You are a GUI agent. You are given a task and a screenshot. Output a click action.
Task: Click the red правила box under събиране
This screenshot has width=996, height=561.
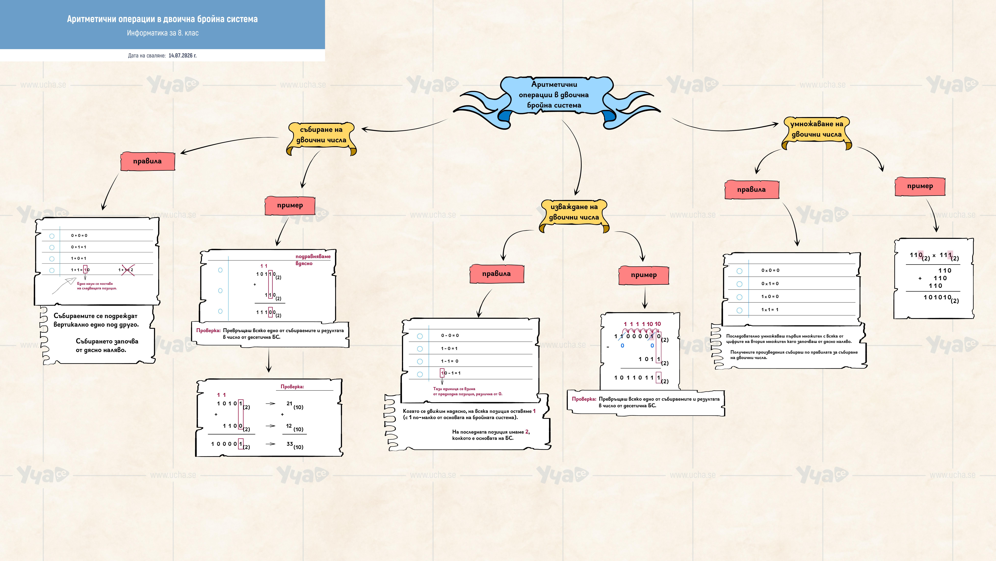147,161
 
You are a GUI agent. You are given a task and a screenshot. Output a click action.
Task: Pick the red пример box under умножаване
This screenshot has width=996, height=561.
920,186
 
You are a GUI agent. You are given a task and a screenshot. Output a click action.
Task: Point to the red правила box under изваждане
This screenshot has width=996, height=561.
496,274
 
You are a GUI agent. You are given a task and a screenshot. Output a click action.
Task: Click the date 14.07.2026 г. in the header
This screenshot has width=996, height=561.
183,55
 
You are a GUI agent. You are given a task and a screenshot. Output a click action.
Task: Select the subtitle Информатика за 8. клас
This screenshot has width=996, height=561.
163,33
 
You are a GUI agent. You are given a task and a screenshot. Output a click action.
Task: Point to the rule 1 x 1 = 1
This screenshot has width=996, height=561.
770,310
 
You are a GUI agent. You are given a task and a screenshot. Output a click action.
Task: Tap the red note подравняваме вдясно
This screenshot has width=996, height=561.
313,260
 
